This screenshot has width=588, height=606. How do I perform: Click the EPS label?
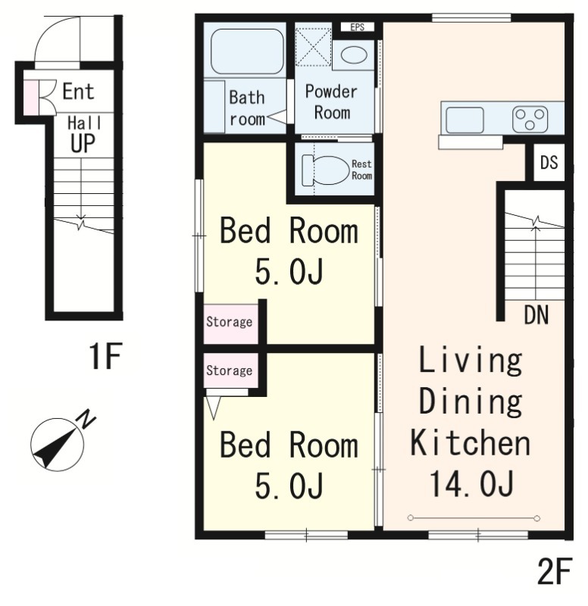(357, 27)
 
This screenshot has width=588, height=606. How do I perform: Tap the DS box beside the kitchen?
(549, 162)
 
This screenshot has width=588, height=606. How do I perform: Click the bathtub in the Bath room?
(247, 52)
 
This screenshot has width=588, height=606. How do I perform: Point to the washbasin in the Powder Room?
(354, 55)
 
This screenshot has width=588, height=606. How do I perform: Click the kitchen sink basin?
(464, 120)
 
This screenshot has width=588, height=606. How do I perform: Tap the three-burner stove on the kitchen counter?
(530, 120)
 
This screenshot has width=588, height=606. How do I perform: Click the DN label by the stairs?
(536, 314)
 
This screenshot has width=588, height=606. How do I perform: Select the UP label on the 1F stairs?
(83, 143)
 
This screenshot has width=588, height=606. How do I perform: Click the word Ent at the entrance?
(78, 92)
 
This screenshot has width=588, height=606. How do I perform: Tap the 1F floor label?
(105, 355)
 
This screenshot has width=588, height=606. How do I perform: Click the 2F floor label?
(555, 571)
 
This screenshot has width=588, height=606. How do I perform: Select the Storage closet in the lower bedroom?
(231, 370)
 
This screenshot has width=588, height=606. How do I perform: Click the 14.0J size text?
(471, 483)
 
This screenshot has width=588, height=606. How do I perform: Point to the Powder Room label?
(332, 102)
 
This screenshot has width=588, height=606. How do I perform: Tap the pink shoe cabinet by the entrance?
(31, 98)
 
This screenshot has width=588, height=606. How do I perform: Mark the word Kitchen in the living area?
(470, 443)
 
